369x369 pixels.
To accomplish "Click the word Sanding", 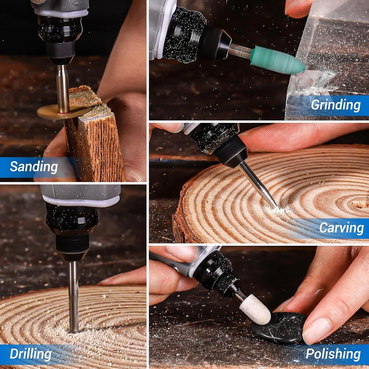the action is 34,167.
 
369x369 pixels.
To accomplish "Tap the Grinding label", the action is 335,105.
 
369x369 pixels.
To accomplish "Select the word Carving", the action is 341,228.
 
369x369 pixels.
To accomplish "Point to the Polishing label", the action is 333,354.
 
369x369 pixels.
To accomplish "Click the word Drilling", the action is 31,354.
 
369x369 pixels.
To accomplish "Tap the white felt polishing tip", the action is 255,309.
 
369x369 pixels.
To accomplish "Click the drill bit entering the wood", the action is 74,297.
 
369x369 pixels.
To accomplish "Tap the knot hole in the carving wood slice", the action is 360,204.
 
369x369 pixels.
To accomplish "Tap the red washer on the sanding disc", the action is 64,113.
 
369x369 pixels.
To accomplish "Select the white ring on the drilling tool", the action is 81,201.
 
